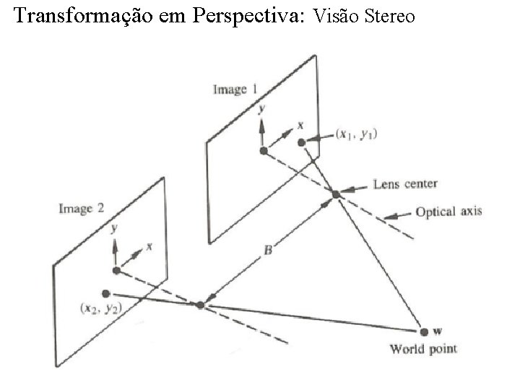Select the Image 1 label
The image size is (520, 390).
point(235,90)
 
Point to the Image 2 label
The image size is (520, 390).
point(81,209)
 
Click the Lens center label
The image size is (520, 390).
point(405,184)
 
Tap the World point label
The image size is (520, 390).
point(423,350)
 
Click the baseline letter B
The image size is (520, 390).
point(267,251)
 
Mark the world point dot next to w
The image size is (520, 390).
point(423,331)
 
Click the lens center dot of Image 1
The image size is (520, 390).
point(336,194)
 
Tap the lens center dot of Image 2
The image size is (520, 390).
point(200,305)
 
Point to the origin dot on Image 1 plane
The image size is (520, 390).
point(264,150)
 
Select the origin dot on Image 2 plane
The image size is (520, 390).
point(116,270)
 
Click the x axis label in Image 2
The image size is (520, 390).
point(149,246)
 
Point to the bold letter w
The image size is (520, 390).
point(438,331)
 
